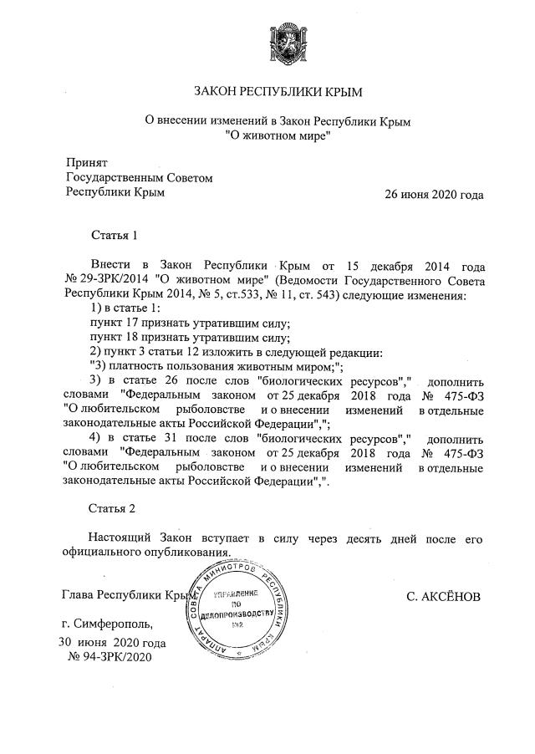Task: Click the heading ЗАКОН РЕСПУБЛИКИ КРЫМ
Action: click(x=278, y=90)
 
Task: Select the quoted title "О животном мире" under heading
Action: click(x=278, y=136)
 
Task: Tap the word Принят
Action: click(x=87, y=162)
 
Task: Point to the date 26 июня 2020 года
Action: click(x=434, y=194)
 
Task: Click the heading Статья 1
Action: click(x=113, y=235)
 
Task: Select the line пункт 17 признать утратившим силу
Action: click(x=190, y=323)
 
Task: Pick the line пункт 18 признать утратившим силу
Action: click(x=190, y=338)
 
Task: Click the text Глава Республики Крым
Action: click(x=130, y=597)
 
